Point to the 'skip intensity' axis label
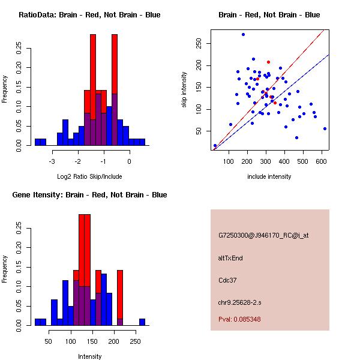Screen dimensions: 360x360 pos(184,90)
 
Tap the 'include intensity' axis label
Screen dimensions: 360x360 pos(269,176)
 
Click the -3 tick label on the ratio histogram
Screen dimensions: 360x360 pos(52,161)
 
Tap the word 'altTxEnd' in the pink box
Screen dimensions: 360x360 pos(230,258)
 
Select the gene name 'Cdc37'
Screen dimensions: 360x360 pos(227,280)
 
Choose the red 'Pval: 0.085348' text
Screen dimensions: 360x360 pos(239,319)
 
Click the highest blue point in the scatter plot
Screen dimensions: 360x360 pos(243,34)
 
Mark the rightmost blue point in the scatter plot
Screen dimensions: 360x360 pos(325,128)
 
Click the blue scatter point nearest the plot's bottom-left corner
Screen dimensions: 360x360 pos(215,145)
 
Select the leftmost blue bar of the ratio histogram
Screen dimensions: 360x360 pos(38,142)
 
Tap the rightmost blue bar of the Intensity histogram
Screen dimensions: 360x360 pos(142,322)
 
